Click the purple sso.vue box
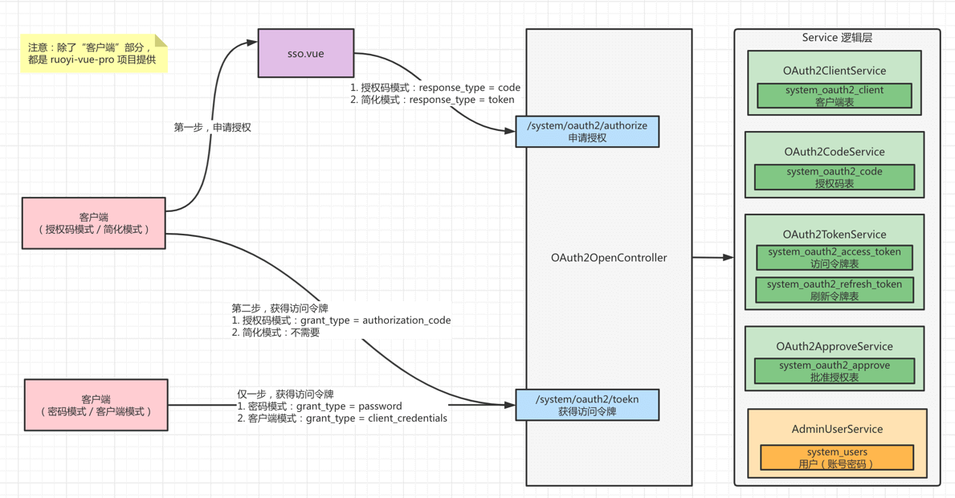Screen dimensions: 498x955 pyautogui.click(x=305, y=53)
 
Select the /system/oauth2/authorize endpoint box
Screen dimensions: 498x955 pyautogui.click(x=587, y=132)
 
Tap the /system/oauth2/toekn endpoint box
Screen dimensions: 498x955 pyautogui.click(x=587, y=405)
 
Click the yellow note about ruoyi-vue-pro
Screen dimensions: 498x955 pyautogui.click(x=94, y=54)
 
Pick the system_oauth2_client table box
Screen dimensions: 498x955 pyautogui.click(x=835, y=96)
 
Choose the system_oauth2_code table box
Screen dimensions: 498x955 pyautogui.click(x=835, y=178)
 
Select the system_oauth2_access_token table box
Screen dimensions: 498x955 pyautogui.click(x=835, y=257)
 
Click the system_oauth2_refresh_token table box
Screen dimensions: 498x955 pyautogui.click(x=835, y=290)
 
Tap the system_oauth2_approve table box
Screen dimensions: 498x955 pyautogui.click(x=835, y=371)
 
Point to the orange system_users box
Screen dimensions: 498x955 pyautogui.click(x=836, y=457)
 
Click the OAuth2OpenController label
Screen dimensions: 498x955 pyautogui.click(x=609, y=258)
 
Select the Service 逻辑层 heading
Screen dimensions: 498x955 pyautogui.click(x=837, y=38)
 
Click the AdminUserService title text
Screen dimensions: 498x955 pyautogui.click(x=837, y=429)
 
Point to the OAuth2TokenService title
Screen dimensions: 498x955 pyautogui.click(x=835, y=235)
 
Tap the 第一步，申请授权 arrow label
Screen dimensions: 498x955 pyautogui.click(x=213, y=127)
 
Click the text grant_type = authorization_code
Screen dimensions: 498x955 pyautogui.click(x=375, y=320)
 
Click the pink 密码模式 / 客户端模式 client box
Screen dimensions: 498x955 pyautogui.click(x=96, y=405)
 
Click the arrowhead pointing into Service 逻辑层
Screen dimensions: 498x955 pyautogui.click(x=728, y=258)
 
